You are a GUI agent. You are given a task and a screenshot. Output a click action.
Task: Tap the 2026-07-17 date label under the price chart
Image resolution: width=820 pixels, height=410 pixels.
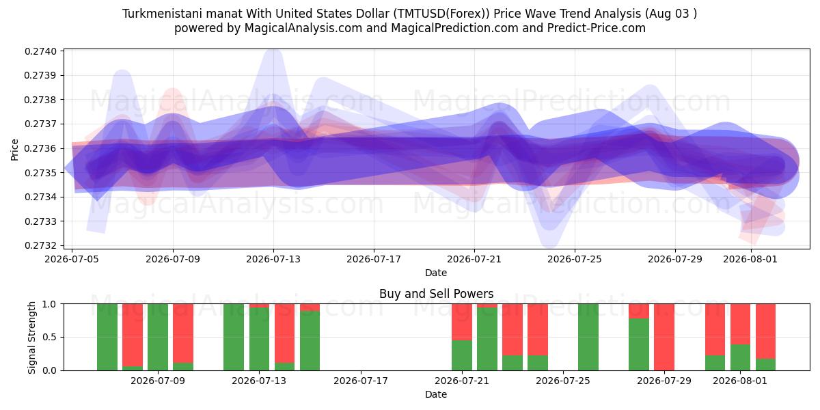click(374, 259)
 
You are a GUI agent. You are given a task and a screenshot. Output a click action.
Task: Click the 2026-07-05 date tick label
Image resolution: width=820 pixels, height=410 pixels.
click(72, 259)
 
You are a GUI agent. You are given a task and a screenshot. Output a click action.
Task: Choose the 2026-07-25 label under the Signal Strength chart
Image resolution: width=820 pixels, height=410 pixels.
click(563, 381)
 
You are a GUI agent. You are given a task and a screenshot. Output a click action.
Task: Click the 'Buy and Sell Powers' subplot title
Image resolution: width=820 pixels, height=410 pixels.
click(437, 294)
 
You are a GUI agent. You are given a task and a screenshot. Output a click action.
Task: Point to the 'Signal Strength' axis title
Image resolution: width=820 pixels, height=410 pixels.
click(32, 337)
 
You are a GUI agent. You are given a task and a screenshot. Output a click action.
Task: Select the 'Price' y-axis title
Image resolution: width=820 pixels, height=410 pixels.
click(14, 150)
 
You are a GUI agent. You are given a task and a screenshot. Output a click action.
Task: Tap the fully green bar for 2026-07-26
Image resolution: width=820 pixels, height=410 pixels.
click(588, 337)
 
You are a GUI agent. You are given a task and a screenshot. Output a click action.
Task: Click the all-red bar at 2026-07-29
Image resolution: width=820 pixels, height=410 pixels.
click(664, 337)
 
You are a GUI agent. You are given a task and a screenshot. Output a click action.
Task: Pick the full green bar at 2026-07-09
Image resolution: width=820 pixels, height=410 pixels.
click(158, 337)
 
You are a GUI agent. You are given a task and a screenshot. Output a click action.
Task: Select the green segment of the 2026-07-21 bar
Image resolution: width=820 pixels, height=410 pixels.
click(462, 355)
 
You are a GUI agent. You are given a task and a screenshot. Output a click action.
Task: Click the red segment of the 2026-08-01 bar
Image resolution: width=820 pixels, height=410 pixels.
click(740, 324)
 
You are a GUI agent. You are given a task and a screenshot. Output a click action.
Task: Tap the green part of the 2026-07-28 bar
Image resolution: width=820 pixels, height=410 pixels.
click(639, 344)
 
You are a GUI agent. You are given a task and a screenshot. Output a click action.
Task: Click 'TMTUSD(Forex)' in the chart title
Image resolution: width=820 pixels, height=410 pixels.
click(441, 14)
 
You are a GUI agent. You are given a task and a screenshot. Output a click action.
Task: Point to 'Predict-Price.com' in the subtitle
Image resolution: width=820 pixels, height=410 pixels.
click(597, 28)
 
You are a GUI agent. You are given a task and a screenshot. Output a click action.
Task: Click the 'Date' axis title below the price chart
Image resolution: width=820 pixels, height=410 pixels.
click(436, 273)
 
